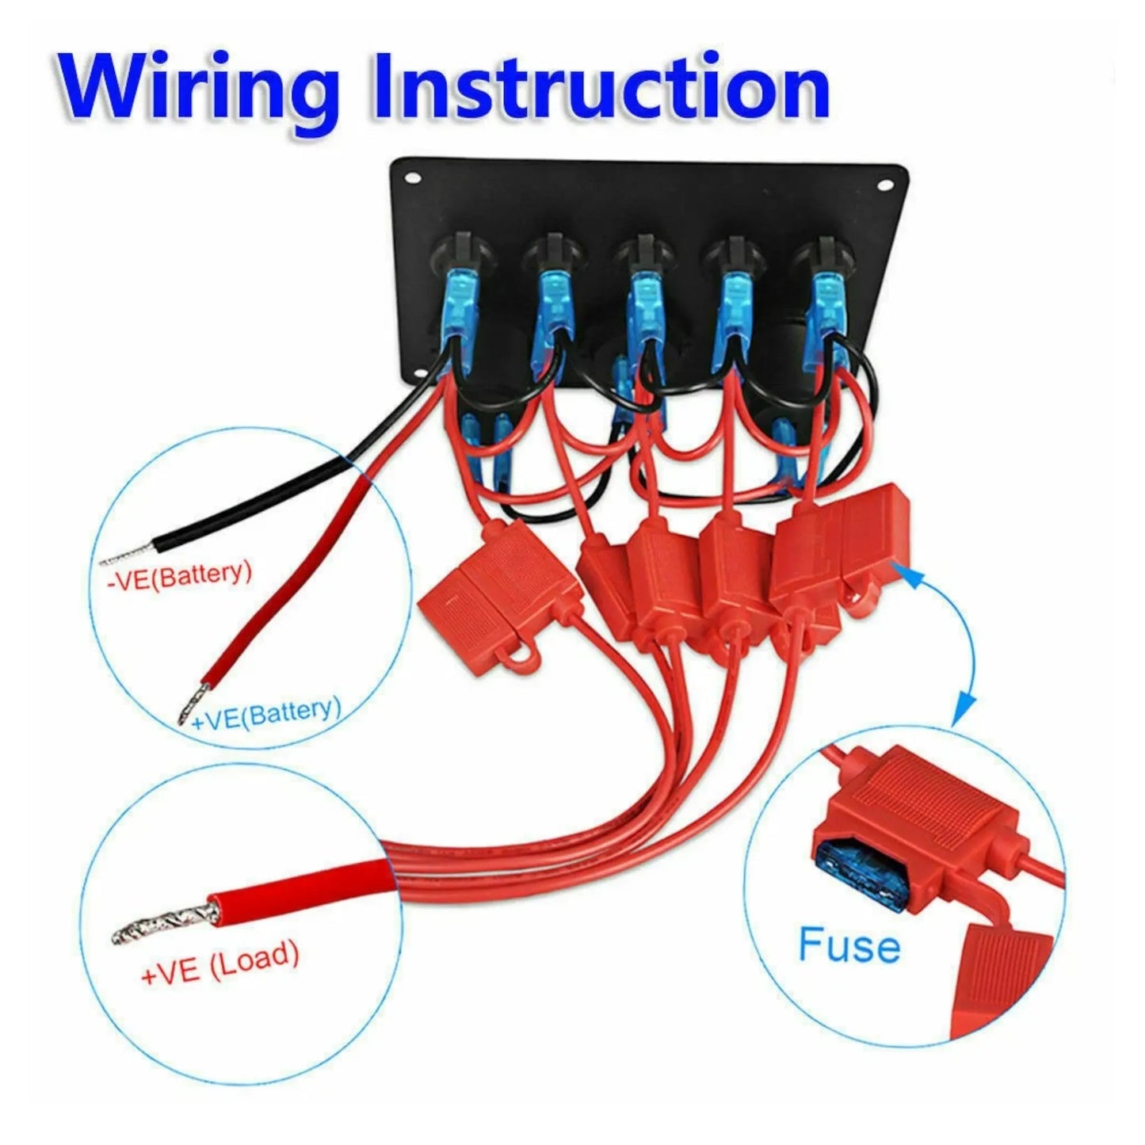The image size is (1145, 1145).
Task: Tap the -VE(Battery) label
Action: (x=179, y=574)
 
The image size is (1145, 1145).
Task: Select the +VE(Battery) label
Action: (x=267, y=713)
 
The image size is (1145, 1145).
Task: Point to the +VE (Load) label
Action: (x=219, y=964)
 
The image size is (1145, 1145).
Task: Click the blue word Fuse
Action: (x=849, y=945)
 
